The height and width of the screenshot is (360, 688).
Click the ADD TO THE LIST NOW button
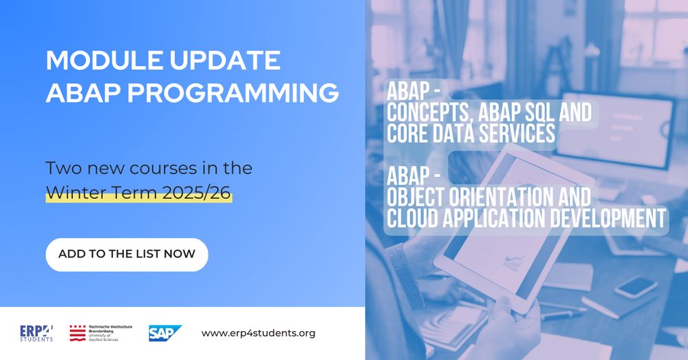(127, 255)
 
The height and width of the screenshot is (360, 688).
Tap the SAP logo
(165, 333)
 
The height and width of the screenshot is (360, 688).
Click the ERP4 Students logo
(36, 333)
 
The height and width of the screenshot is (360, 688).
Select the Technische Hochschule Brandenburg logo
(101, 333)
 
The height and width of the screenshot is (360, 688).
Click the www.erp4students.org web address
(258, 333)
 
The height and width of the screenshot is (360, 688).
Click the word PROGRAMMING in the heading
(233, 93)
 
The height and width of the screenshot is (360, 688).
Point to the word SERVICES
(517, 134)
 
